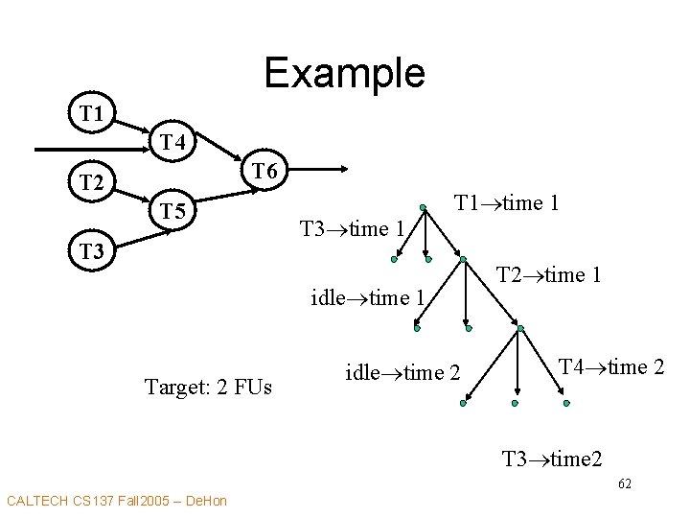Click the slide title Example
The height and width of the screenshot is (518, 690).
point(344,73)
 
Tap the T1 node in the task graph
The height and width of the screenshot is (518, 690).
point(91,114)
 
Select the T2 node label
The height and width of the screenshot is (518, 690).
point(91,180)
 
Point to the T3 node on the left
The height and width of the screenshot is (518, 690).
point(91,251)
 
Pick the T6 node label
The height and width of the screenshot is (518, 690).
point(264,172)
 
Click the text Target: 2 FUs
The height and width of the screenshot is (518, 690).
point(208,387)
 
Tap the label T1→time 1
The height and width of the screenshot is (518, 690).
point(507,203)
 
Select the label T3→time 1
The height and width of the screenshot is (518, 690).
point(352,228)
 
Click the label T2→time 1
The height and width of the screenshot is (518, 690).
point(549,275)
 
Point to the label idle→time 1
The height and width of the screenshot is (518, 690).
point(368,297)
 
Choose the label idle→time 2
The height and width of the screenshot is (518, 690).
point(402,372)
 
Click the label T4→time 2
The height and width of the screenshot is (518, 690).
point(611,366)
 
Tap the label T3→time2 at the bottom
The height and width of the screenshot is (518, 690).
point(552,459)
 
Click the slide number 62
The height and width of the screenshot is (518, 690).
point(625,484)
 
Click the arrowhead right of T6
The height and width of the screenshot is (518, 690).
point(346,171)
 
